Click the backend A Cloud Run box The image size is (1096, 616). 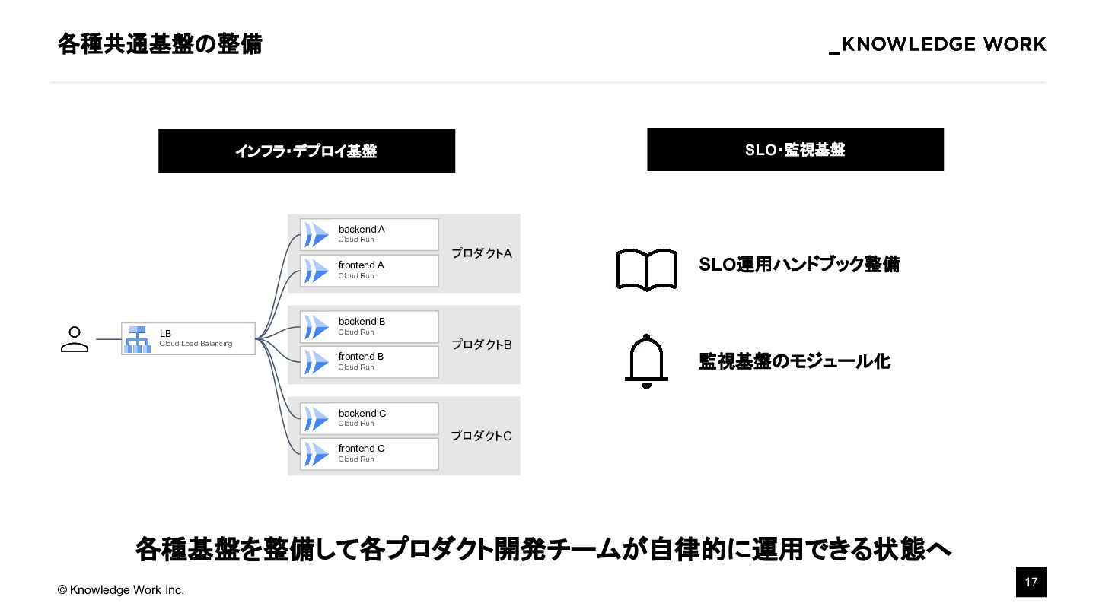point(370,234)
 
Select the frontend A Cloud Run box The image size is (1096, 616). point(370,270)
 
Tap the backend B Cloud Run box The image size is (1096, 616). point(370,326)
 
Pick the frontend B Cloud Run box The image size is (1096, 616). point(370,361)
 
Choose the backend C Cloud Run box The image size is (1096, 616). point(370,418)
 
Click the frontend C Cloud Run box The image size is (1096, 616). point(370,453)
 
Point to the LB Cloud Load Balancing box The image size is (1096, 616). point(188,338)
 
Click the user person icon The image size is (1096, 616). point(75,339)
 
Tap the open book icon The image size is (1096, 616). point(646,269)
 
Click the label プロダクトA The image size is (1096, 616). point(481,253)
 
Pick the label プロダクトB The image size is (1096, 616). point(481,345)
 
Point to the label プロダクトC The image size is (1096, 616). point(481,436)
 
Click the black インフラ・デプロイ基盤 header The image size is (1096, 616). point(307,151)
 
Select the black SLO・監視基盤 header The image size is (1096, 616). point(795,150)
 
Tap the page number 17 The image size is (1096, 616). point(1031,583)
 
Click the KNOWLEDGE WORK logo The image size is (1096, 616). point(938,45)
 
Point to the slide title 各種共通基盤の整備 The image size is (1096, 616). point(160,44)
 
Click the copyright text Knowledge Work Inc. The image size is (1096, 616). point(121,590)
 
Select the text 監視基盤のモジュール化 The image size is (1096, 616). point(795,361)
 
